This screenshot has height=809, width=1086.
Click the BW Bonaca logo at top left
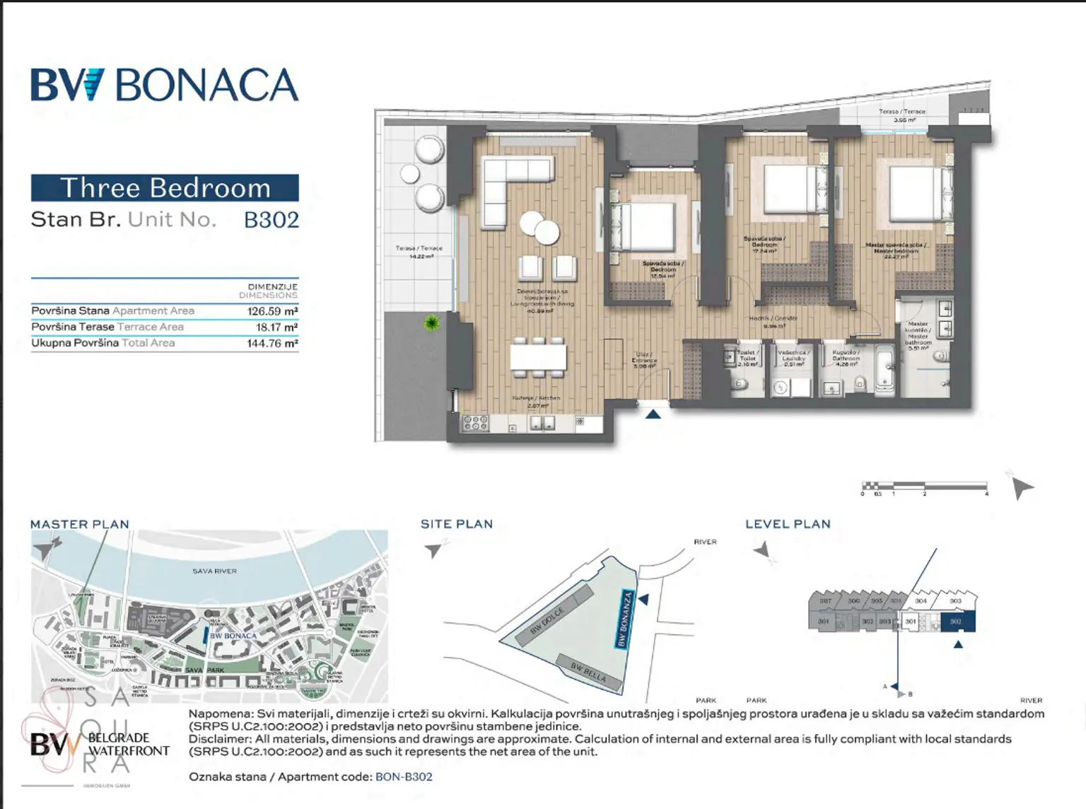[x=164, y=86]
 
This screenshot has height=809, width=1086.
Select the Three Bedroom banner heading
[x=165, y=188]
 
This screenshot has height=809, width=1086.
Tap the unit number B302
[x=271, y=220]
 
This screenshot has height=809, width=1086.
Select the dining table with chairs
[x=538, y=356]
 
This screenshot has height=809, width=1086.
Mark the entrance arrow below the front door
[x=653, y=414]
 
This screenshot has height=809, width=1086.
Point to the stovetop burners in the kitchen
[x=475, y=424]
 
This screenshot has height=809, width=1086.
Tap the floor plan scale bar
[x=923, y=487]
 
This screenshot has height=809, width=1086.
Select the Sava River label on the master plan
[x=214, y=571]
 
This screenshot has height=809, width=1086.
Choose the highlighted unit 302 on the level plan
[x=957, y=622]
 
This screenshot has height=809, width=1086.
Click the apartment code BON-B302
[x=404, y=776]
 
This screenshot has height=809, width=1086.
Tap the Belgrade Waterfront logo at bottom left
[x=99, y=745]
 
